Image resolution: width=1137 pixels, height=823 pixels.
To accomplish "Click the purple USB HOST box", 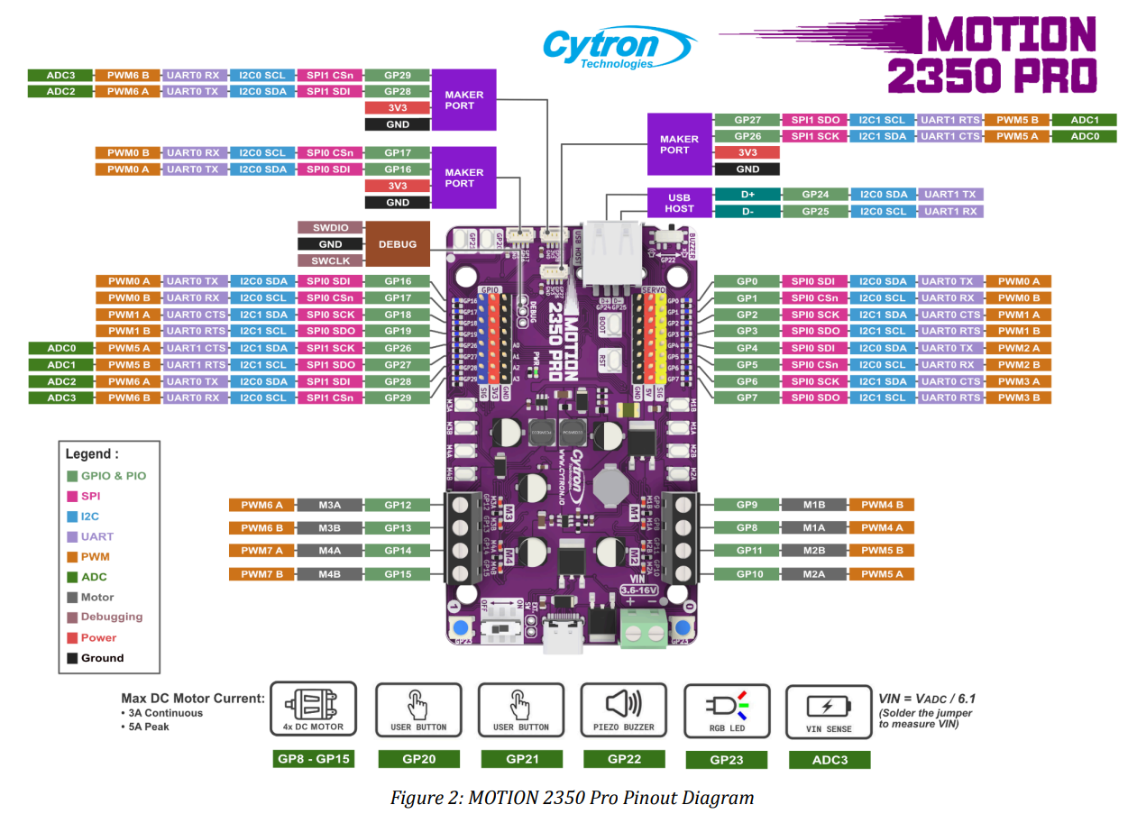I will (679, 203).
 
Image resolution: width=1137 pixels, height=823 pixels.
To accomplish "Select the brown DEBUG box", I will (398, 244).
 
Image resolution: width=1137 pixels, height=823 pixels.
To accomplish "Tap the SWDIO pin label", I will (330, 228).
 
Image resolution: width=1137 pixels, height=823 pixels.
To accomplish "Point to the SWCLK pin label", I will (330, 261).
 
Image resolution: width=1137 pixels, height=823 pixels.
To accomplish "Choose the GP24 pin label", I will (814, 195).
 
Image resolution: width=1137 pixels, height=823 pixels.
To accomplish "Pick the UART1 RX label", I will (949, 212).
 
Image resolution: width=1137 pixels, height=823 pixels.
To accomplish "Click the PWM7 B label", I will (261, 574).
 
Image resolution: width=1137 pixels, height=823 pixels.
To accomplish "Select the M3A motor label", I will (329, 506).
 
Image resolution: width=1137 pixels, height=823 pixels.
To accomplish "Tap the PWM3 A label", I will (1018, 381).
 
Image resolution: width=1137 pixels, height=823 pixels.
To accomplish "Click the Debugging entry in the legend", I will (111, 617).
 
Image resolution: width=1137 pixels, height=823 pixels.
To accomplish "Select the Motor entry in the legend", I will (97, 597).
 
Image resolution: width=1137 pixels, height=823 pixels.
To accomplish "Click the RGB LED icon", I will (726, 704).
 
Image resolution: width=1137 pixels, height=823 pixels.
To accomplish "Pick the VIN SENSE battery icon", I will (829, 706).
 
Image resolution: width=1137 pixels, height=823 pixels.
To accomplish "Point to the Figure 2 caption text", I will (572, 798).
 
